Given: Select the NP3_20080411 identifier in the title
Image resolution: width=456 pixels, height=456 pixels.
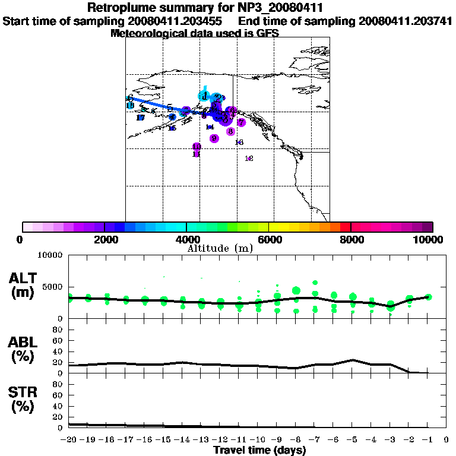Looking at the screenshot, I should tap(284, 8).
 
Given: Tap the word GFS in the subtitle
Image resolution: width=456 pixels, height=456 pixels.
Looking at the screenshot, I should tap(267, 33).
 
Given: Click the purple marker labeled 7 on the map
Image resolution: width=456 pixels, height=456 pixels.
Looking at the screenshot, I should tap(241, 122).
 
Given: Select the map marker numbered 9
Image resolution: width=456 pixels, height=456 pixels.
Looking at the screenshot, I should tap(214, 138).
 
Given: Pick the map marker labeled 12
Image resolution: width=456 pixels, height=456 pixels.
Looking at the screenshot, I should tap(249, 159).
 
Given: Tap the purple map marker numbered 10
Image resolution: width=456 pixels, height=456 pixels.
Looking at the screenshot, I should tap(197, 147).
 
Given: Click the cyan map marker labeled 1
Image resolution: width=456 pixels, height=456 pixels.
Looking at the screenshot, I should tap(204, 96).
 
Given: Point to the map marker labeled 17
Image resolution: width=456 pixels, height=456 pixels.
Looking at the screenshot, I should tap(141, 118).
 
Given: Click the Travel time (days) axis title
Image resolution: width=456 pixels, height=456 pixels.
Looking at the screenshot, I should tap(259, 451).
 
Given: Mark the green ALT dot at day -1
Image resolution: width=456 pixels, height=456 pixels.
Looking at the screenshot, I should tap(429, 297).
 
